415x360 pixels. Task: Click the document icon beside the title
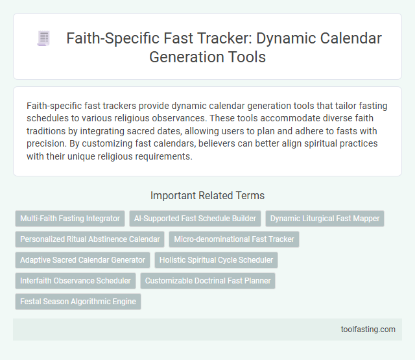coord(43,39)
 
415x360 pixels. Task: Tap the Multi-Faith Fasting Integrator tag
coord(70,219)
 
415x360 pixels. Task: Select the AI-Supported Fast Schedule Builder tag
coord(195,219)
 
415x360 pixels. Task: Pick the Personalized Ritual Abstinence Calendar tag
coord(89,239)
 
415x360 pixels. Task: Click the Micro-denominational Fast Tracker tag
coord(234,239)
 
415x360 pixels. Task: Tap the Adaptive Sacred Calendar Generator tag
coord(82,260)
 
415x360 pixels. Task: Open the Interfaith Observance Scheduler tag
coord(75,281)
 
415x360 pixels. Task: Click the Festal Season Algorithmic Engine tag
coord(78,302)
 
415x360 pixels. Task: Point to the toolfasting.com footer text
coord(368,329)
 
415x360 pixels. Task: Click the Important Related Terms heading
coord(207,195)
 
